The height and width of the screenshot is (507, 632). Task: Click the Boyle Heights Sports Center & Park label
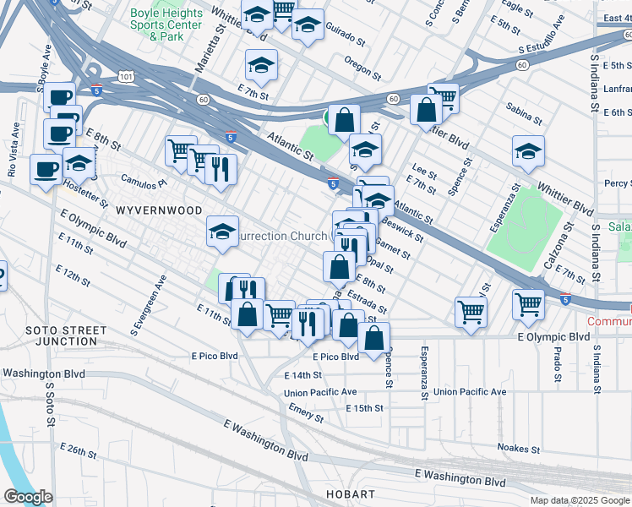(166, 25)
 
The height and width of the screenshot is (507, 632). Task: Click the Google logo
(29, 496)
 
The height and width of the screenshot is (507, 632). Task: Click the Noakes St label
(519, 449)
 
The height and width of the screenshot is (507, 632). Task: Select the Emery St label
(305, 413)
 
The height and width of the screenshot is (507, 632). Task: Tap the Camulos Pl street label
(144, 181)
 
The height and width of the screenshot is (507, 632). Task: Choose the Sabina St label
(523, 108)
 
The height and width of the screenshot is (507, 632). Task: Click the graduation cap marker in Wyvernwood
(222, 232)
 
